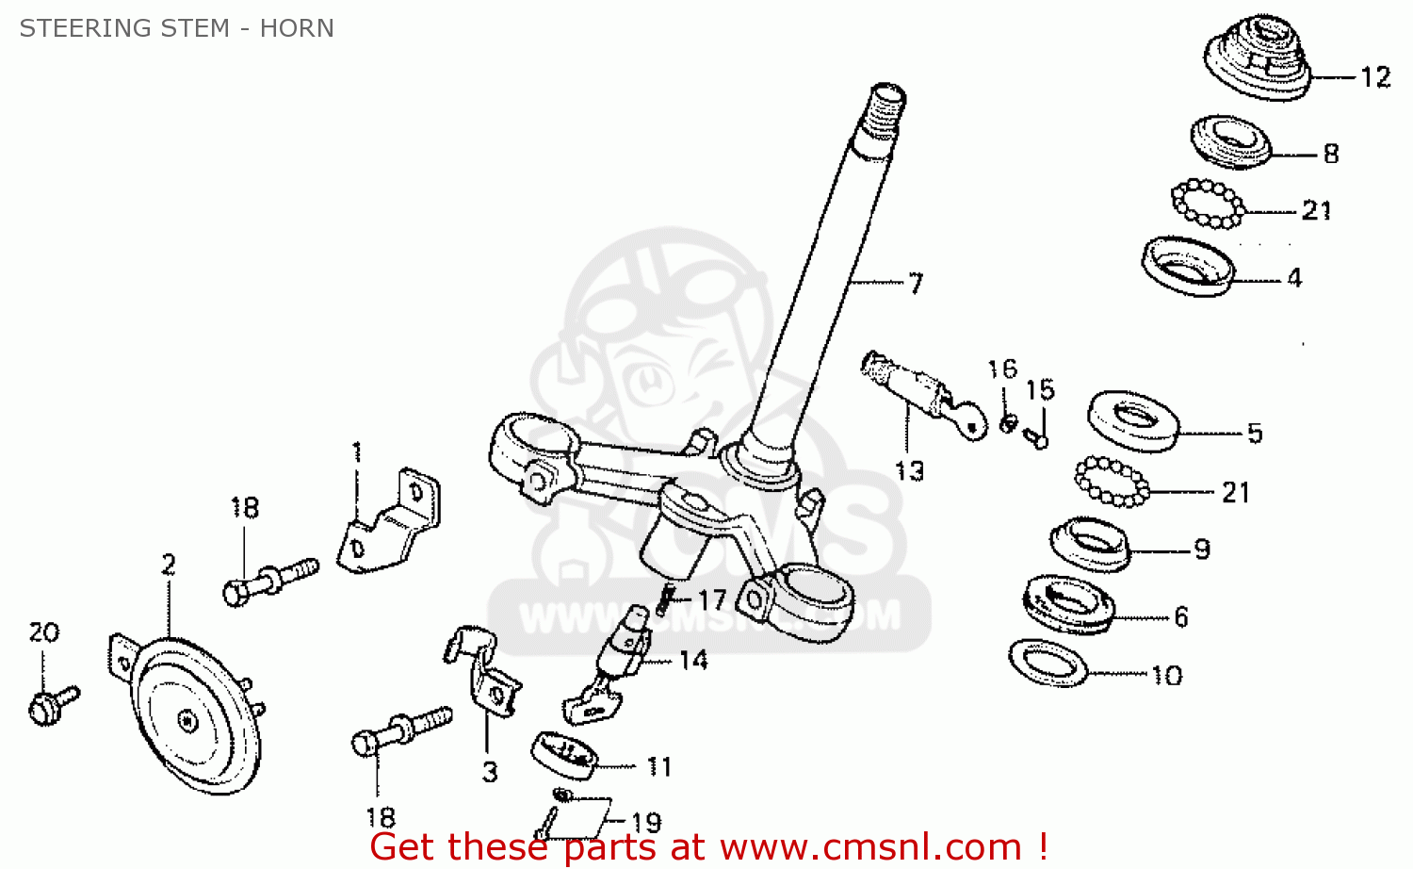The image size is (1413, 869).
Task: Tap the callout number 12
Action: click(1375, 77)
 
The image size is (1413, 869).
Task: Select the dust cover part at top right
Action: click(1258, 57)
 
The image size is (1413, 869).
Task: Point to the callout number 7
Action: click(916, 284)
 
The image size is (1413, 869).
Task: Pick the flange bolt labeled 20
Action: click(53, 706)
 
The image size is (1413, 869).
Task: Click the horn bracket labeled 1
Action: click(388, 522)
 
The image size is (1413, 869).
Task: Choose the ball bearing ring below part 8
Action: click(1208, 204)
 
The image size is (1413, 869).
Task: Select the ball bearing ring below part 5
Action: click(1113, 483)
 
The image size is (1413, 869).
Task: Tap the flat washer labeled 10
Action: click(1048, 663)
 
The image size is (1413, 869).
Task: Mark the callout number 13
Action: click(910, 471)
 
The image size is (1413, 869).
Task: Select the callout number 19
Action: click(646, 823)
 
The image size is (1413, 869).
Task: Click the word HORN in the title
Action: click(297, 27)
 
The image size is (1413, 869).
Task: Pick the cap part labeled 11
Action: click(564, 756)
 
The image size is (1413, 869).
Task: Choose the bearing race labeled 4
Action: click(1188, 267)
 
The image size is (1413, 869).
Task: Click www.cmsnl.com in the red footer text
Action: click(870, 847)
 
